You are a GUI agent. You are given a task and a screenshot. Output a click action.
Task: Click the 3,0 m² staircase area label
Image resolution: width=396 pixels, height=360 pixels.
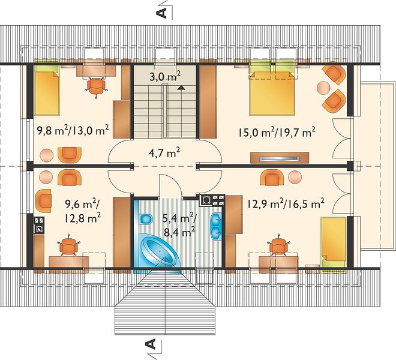tap(164, 76)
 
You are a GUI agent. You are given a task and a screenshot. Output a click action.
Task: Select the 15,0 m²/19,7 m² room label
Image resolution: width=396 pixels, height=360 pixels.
tap(277, 133)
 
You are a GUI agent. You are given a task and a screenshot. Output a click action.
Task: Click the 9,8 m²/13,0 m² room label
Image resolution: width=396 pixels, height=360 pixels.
tap(73, 131)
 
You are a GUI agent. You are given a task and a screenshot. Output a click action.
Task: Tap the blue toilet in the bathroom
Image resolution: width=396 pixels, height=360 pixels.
tap(145, 219)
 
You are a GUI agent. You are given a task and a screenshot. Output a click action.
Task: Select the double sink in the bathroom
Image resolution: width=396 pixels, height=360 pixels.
tap(216, 226)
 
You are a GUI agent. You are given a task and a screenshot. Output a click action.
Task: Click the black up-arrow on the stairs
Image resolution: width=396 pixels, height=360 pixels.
tap(181, 88)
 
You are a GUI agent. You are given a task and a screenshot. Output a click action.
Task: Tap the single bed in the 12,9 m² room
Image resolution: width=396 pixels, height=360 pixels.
tap(333, 243)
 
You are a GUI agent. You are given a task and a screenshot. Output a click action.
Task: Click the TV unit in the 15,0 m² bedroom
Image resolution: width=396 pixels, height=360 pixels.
tap(280, 158)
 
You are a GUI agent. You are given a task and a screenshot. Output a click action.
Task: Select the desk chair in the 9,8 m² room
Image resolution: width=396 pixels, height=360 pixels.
tap(96, 86)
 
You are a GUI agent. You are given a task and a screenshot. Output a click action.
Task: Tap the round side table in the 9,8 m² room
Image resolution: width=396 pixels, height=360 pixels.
tap(47, 155)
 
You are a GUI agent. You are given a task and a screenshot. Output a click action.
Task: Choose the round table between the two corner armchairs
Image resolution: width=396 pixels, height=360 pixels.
tap(323, 88)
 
